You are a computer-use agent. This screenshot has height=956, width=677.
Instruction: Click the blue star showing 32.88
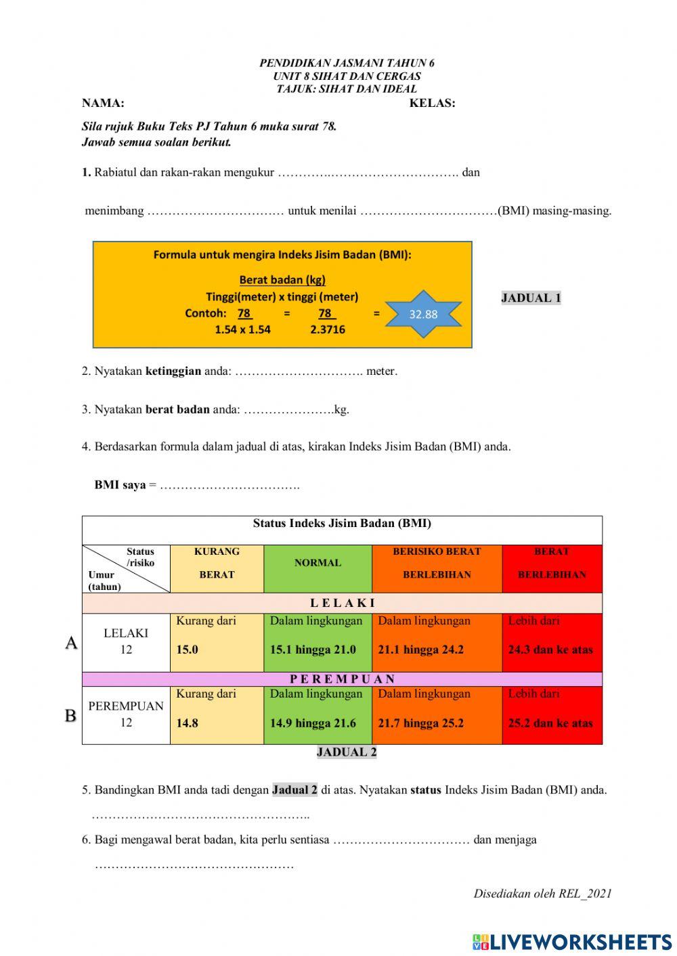pyautogui.click(x=423, y=314)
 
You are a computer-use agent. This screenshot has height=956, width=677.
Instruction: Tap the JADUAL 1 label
pyautogui.click(x=531, y=298)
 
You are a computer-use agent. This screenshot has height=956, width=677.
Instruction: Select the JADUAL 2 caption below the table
pyautogui.click(x=346, y=752)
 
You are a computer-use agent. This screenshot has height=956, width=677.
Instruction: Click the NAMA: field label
pyautogui.click(x=103, y=104)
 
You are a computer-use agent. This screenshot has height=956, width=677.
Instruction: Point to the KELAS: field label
pyautogui.click(x=432, y=104)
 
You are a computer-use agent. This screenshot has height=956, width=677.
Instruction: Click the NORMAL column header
pyautogui.click(x=318, y=563)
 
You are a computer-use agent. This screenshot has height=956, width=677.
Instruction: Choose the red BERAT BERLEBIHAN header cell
pyautogui.click(x=552, y=564)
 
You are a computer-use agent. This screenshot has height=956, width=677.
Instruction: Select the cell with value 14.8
pyautogui.click(x=216, y=715)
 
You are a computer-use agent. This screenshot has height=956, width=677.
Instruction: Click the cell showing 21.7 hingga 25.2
pyautogui.click(x=436, y=715)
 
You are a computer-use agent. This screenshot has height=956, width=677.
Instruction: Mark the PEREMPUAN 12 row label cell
pyautogui.click(x=126, y=714)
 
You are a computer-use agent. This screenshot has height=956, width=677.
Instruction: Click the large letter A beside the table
pyautogui.click(x=71, y=643)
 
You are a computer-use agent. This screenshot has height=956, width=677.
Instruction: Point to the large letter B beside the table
pyautogui.click(x=70, y=715)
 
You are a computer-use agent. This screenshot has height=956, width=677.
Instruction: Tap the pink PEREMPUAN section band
pyautogui.click(x=342, y=679)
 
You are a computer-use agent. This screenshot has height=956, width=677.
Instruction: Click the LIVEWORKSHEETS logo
pyautogui.click(x=572, y=941)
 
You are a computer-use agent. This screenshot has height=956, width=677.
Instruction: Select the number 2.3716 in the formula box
pyautogui.click(x=328, y=329)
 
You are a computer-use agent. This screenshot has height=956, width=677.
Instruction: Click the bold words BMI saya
pyautogui.click(x=120, y=485)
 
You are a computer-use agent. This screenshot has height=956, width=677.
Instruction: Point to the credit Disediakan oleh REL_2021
pyautogui.click(x=542, y=893)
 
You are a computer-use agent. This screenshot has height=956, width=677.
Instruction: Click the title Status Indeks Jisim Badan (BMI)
pyautogui.click(x=342, y=523)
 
